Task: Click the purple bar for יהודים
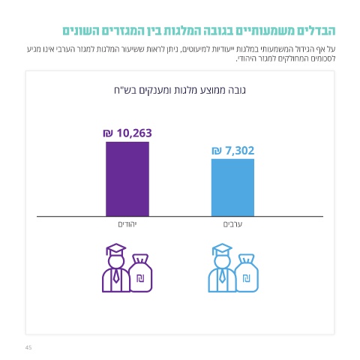pyautogui.click(x=127, y=179)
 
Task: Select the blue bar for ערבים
pyautogui.click(x=232, y=187)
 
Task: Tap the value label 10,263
pyautogui.click(x=134, y=133)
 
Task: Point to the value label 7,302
pyautogui.click(x=240, y=151)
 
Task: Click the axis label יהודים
pyautogui.click(x=127, y=224)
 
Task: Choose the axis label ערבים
pyautogui.click(x=232, y=224)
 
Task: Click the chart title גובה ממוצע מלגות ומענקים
pyautogui.click(x=180, y=90)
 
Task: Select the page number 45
pyautogui.click(x=28, y=347)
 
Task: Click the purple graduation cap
pyautogui.click(x=115, y=249)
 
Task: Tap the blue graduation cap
pyautogui.click(x=222, y=249)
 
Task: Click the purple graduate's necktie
pyautogui.click(x=115, y=276)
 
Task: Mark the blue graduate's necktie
pyautogui.click(x=222, y=276)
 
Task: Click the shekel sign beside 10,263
pyautogui.click(x=108, y=133)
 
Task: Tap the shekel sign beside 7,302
pyautogui.click(x=217, y=151)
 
